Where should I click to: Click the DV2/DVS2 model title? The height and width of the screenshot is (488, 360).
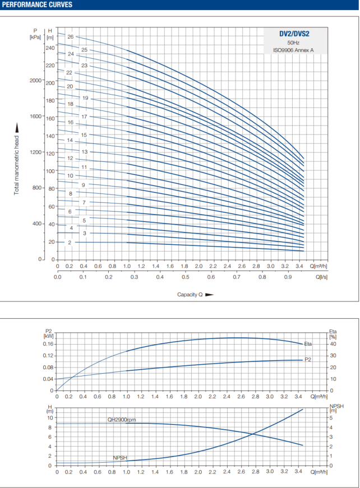(x=295, y=34)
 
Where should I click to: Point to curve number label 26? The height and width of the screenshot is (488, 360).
(x=71, y=36)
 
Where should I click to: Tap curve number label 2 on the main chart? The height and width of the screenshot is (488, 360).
(x=70, y=242)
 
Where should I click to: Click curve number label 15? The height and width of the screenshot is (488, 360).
(x=84, y=135)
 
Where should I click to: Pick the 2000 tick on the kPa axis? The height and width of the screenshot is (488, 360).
(x=36, y=81)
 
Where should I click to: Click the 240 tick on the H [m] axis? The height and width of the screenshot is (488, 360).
(x=50, y=48)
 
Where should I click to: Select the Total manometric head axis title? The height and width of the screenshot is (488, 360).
(x=17, y=159)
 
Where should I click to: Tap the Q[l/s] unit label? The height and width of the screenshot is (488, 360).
(x=321, y=277)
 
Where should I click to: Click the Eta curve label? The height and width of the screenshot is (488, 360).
(x=308, y=343)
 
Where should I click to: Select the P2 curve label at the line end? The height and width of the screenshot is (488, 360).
(x=308, y=359)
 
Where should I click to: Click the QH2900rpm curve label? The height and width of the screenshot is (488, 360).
(x=122, y=419)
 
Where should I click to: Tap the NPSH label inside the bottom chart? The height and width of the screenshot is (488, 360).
(x=120, y=458)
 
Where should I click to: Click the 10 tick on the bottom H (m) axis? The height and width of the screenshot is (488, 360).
(x=49, y=417)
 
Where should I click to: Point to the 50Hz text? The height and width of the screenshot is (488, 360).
(x=293, y=43)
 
